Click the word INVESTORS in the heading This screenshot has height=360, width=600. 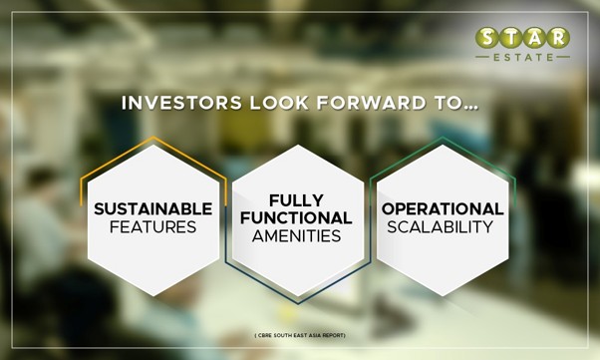point(181,103)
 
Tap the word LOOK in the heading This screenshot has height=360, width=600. point(279,103)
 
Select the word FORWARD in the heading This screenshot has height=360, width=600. point(371,103)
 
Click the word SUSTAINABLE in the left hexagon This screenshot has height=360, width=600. point(153,209)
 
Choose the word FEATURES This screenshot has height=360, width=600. point(153,227)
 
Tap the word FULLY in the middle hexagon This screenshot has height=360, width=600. point(297,200)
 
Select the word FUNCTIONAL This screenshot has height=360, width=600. point(297,218)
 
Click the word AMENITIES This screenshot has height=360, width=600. point(297,236)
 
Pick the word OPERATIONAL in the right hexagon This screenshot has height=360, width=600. point(443,209)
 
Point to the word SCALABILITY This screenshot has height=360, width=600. point(441,227)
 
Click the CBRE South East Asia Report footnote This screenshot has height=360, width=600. point(300,335)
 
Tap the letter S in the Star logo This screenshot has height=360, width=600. point(487,38)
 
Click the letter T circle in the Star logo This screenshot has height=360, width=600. point(511,38)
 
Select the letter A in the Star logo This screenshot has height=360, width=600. point(534,38)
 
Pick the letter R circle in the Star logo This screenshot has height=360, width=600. point(558,38)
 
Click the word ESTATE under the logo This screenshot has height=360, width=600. point(523,58)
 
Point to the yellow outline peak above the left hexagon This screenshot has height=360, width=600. point(153,137)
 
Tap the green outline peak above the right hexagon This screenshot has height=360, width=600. point(443,138)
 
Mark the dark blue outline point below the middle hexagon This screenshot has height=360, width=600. point(298,303)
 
